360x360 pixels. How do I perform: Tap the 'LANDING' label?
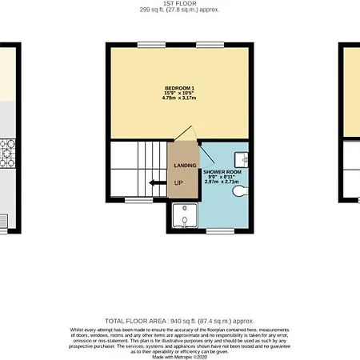[x=186, y=165]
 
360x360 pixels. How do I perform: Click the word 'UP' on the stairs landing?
[x=177, y=182]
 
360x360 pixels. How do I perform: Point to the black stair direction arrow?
[x=156, y=182]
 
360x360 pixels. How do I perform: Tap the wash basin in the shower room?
[x=244, y=157]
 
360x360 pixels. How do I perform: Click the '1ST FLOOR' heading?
[x=180, y=4]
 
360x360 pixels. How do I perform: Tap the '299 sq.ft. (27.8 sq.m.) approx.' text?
[x=180, y=10]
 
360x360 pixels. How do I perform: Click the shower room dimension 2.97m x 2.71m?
[x=221, y=183]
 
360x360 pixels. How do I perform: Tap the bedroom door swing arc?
[x=186, y=131]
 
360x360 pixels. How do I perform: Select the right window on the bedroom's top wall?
[x=210, y=44]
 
